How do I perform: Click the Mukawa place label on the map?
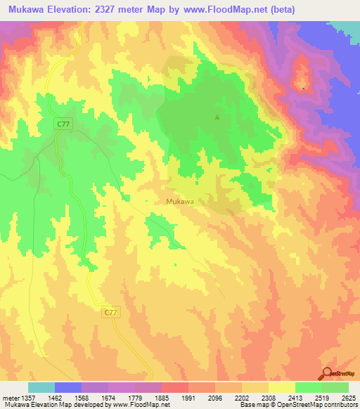pos(179,201)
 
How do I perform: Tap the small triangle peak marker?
pos(217,118)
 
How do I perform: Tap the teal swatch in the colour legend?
pos(41,387)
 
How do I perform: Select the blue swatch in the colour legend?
pos(68,387)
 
